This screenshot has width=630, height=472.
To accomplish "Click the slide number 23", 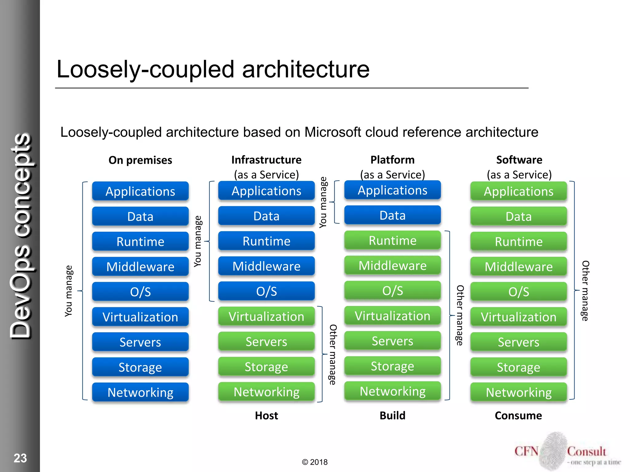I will [x=20, y=458].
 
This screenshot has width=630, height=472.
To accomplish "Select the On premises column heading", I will [x=140, y=160].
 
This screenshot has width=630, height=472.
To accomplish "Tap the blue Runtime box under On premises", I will [x=140, y=242].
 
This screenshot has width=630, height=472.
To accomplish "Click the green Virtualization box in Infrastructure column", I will [x=266, y=317].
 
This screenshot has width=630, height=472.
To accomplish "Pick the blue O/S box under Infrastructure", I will [x=266, y=291].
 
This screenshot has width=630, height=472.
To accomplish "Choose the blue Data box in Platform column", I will [x=393, y=215].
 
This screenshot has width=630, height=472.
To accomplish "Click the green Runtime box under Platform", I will [x=393, y=240].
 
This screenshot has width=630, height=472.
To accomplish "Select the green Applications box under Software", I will [x=519, y=191].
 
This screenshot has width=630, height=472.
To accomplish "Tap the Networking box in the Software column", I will [x=519, y=392].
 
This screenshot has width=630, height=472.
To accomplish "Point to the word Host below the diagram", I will [x=266, y=415].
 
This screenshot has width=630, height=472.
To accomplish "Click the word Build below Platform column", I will [x=393, y=415].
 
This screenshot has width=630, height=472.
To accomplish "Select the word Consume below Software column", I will [x=518, y=415].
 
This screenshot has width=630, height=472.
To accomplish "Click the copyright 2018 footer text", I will [x=315, y=462].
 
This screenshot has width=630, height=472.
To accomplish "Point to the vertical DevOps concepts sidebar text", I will [x=21, y=237].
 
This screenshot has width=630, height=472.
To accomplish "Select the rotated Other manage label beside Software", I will [x=585, y=291].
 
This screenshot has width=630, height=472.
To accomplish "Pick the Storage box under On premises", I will [x=140, y=367].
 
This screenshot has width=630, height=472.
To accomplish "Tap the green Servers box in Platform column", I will [x=393, y=341].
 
